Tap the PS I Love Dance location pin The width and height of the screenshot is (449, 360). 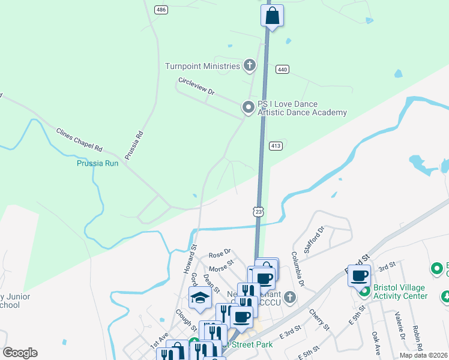pyautogui.click(x=248, y=107)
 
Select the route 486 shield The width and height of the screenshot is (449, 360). pyautogui.click(x=160, y=10)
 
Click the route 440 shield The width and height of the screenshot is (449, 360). pyautogui.click(x=283, y=70)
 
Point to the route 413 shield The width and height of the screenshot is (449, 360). pyautogui.click(x=276, y=146)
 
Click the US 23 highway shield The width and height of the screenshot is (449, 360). pyautogui.click(x=258, y=211)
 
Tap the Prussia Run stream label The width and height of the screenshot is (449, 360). pyautogui.click(x=97, y=163)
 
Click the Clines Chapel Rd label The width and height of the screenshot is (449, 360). pyautogui.click(x=79, y=139)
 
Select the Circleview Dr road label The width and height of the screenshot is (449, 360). pyautogui.click(x=196, y=86)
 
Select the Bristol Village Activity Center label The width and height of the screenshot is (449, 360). pyautogui.click(x=400, y=292)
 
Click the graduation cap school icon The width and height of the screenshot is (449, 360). pyautogui.click(x=199, y=298)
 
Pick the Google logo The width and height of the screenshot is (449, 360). pyautogui.click(x=20, y=352)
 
